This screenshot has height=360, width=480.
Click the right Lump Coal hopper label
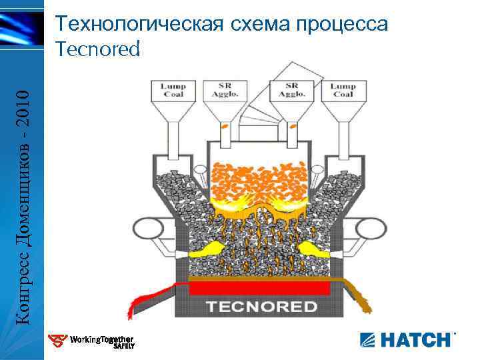(x=343, y=90)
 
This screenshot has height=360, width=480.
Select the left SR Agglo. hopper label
(x=225, y=90)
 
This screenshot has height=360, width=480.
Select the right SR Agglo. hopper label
(x=291, y=90)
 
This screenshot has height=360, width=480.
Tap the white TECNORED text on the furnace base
(x=261, y=307)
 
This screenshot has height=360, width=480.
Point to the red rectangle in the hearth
(x=260, y=288)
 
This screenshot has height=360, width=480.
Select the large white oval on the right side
(x=371, y=228)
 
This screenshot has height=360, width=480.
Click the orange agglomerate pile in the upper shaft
(x=259, y=175)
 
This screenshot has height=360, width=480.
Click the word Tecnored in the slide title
(x=98, y=49)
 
